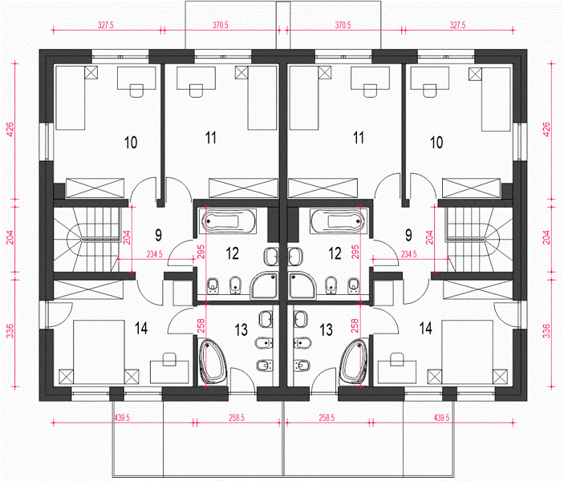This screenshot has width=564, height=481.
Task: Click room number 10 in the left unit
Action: (x=131, y=143)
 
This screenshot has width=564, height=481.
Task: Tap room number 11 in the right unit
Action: (x=359, y=138)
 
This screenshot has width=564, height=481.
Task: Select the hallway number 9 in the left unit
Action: (x=158, y=235)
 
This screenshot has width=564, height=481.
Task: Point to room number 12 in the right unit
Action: (x=335, y=253)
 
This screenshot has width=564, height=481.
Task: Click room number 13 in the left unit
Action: (x=241, y=329)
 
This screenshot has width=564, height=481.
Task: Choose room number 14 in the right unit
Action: (x=425, y=328)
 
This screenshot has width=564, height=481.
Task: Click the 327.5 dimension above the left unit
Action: (x=106, y=25)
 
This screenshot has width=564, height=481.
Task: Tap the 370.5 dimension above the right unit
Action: (x=343, y=25)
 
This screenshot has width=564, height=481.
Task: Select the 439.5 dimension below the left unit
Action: (x=122, y=418)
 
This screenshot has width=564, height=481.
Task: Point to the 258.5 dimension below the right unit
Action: (x=327, y=418)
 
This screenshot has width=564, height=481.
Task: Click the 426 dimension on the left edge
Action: (x=10, y=129)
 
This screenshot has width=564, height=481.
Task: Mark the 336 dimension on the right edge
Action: (x=546, y=331)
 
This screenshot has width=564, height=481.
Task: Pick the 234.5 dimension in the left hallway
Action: (x=154, y=254)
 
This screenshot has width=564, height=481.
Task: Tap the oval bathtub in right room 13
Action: (x=354, y=362)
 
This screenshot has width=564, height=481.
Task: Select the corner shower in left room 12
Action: (x=265, y=285)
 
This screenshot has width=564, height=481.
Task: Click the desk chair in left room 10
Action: (x=136, y=91)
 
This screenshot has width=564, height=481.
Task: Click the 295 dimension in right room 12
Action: (x=355, y=252)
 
